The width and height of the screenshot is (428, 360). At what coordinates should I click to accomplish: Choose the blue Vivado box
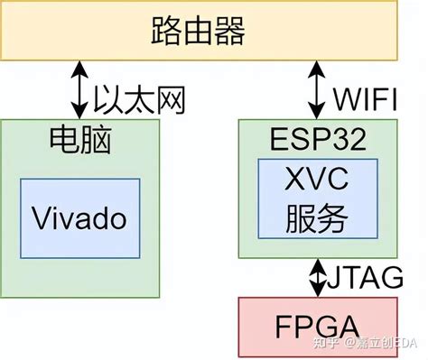click(x=80, y=217)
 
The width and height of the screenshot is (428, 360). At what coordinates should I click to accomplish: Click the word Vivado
click(x=79, y=217)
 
